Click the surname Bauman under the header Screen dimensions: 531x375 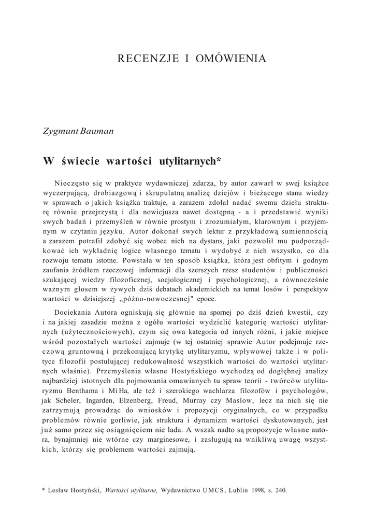click(97, 130)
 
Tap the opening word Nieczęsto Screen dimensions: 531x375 click(73, 183)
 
